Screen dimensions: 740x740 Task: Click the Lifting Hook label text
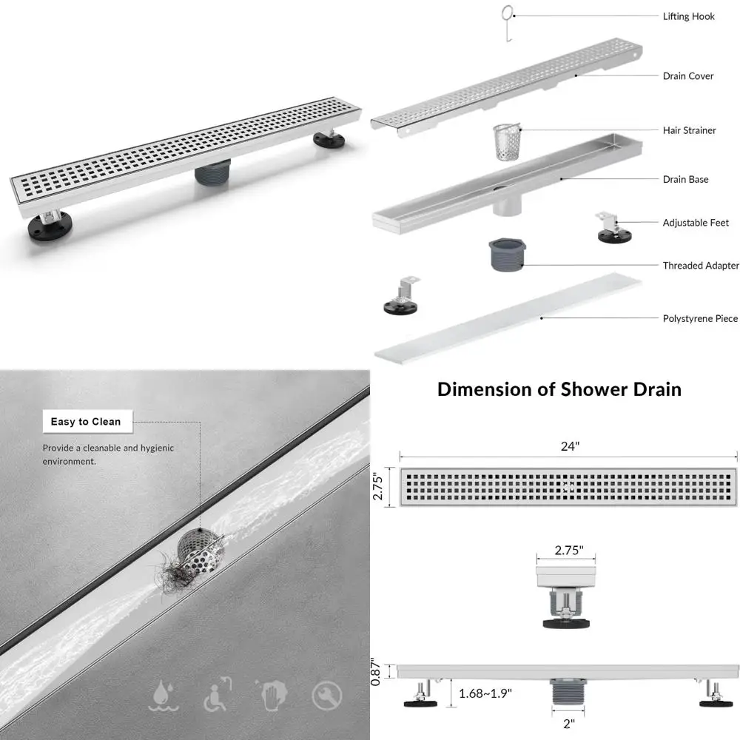(x=688, y=16)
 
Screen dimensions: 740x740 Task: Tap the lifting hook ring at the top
(x=506, y=12)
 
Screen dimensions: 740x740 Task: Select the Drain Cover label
(x=688, y=76)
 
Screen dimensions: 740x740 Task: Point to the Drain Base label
(x=685, y=179)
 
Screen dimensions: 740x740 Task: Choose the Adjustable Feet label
(x=696, y=223)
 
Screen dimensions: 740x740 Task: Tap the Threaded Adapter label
(x=700, y=266)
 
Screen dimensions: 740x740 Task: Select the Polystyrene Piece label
(x=700, y=319)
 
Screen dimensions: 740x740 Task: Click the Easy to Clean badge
(x=86, y=422)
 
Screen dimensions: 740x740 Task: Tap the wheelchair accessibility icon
(x=217, y=696)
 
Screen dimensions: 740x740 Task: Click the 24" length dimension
(x=569, y=446)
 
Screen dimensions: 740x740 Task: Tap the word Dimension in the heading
(x=484, y=389)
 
